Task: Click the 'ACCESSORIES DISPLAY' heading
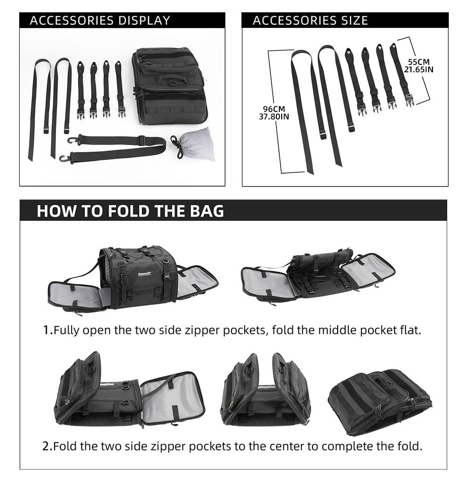coord(100,21)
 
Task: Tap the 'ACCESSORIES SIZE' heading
coord(310,21)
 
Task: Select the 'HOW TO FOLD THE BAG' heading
coord(130,211)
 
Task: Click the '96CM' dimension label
coord(274,110)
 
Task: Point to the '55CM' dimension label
coord(418,62)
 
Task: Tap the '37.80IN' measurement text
coord(274,117)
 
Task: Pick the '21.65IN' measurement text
coord(419,69)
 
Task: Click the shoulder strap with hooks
coord(117,146)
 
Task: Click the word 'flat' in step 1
coord(410,331)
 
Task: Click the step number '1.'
coord(47,331)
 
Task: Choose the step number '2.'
coord(47,446)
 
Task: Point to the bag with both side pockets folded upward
coord(265,391)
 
